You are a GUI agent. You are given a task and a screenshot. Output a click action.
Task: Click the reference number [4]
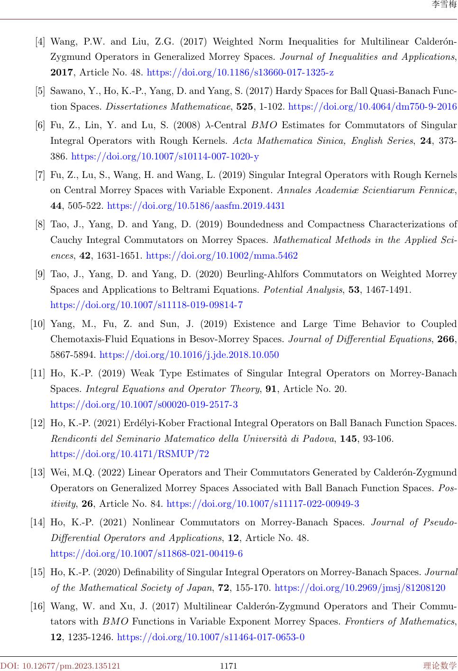click(x=40, y=42)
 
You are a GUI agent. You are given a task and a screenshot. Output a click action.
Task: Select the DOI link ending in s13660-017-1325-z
click(x=240, y=73)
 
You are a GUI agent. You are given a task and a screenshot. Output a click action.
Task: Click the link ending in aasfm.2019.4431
click(x=196, y=206)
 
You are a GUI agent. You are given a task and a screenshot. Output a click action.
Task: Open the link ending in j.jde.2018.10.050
click(x=189, y=355)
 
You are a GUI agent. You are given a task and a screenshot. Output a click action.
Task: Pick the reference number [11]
click(x=38, y=374)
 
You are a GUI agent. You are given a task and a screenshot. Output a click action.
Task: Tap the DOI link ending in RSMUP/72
click(x=129, y=454)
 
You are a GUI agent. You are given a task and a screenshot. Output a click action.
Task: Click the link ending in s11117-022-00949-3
click(x=263, y=503)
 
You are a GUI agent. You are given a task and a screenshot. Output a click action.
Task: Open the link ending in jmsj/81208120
click(x=360, y=588)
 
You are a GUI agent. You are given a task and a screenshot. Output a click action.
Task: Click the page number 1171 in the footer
click(x=229, y=666)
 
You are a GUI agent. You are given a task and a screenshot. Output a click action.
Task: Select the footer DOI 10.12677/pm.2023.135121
click(x=60, y=666)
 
